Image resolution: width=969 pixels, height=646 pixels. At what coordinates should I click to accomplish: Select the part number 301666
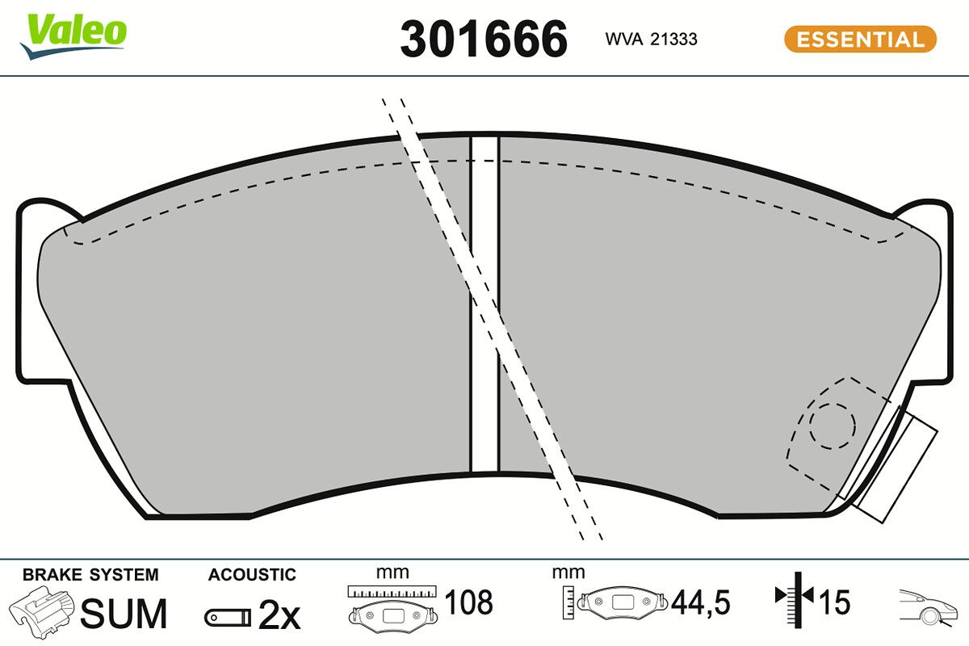(484, 39)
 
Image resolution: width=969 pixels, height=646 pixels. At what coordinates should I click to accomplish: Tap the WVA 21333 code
(651, 39)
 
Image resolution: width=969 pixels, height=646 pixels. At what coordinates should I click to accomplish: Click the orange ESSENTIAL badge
(860, 39)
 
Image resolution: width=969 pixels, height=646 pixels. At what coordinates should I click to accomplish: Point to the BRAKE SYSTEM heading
(90, 575)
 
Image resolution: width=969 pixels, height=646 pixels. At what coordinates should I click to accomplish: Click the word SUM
(124, 615)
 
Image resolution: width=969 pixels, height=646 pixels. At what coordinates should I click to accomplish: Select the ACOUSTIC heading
(252, 575)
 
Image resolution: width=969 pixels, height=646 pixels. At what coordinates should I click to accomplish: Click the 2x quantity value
(279, 616)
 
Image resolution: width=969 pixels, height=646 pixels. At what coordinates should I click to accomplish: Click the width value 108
(468, 602)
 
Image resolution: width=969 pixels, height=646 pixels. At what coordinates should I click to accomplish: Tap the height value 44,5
(701, 602)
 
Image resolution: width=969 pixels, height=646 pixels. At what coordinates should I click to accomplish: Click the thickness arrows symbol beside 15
(795, 598)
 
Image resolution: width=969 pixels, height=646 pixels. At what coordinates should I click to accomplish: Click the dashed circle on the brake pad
(832, 424)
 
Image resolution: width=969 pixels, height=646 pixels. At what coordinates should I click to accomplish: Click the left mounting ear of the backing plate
(36, 291)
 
